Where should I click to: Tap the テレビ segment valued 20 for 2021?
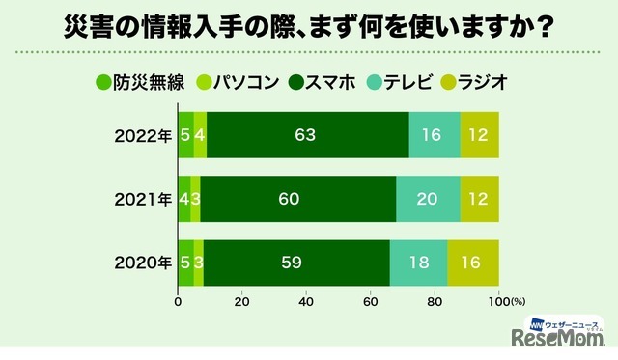428,200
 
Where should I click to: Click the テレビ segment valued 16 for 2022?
435,135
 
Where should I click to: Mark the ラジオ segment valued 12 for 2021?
480,200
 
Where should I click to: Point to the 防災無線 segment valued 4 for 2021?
184,200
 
